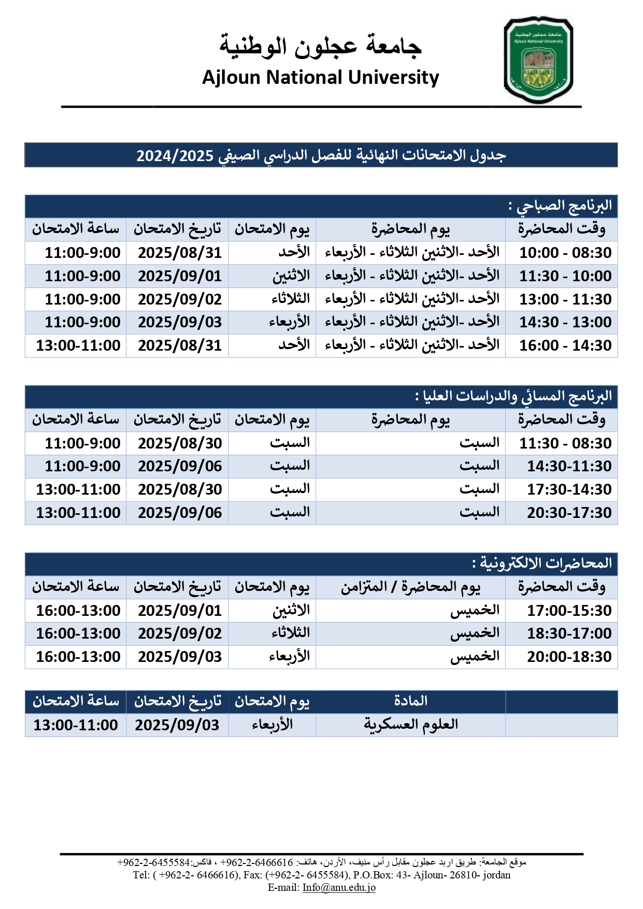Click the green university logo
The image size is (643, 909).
coord(538,60)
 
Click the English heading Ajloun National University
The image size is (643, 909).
coord(320,78)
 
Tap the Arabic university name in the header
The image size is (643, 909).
coord(320,46)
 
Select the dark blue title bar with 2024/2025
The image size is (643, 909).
coord(321,155)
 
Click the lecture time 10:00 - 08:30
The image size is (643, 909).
coord(565,253)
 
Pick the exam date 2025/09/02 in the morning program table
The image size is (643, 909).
coord(179,299)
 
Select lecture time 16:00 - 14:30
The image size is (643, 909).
coord(565,345)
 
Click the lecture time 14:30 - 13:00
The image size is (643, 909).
coord(565,322)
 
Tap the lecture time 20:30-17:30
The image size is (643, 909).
coord(569,513)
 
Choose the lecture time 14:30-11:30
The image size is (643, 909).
coord(569,466)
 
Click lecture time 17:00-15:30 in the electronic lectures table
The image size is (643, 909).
coord(569,611)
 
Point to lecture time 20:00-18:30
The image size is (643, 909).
coord(569,657)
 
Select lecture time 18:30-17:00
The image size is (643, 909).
coord(569,633)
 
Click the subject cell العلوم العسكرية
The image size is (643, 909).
coord(410,725)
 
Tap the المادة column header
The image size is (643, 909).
coord(410,701)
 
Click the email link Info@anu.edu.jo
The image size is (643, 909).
coord(339,887)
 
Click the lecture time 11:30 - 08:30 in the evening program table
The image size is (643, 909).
coord(565,443)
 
